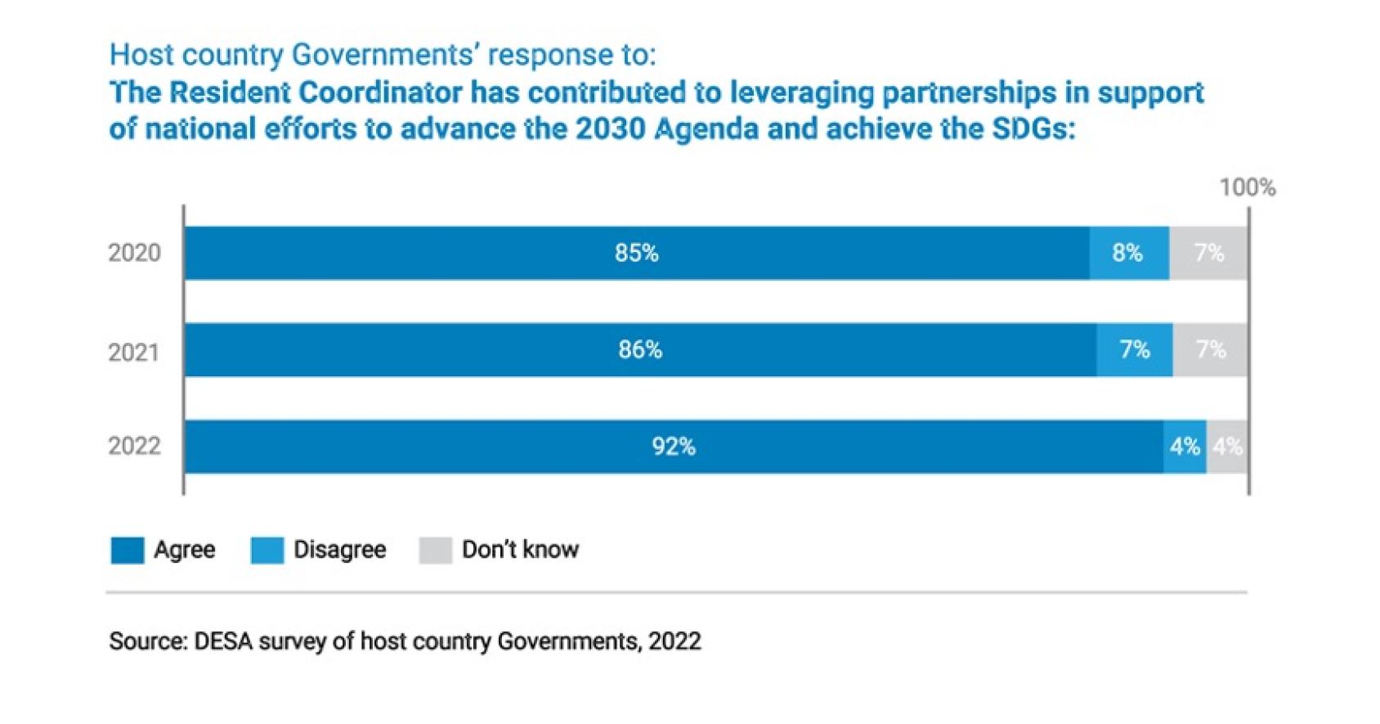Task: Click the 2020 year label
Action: pyautogui.click(x=134, y=253)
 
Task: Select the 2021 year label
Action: pyautogui.click(x=134, y=353)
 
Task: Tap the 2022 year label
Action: pyautogui.click(x=134, y=447)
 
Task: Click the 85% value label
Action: pyautogui.click(x=636, y=253)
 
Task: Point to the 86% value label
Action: pyautogui.click(x=639, y=350)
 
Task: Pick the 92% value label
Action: pyautogui.click(x=673, y=447)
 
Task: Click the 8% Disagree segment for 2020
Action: pyautogui.click(x=1128, y=253)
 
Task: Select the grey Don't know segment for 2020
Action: pyautogui.click(x=1208, y=253)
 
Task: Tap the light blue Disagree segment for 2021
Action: pyautogui.click(x=1134, y=350)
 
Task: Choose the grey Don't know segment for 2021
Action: pyautogui.click(x=1210, y=350)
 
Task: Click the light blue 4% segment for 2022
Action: pyautogui.click(x=1185, y=447)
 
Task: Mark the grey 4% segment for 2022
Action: pyautogui.click(x=1227, y=447)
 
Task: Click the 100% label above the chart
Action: pyautogui.click(x=1247, y=188)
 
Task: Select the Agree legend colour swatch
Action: pyautogui.click(x=128, y=551)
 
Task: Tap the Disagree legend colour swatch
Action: pyautogui.click(x=267, y=551)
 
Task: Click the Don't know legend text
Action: pyautogui.click(x=520, y=550)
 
